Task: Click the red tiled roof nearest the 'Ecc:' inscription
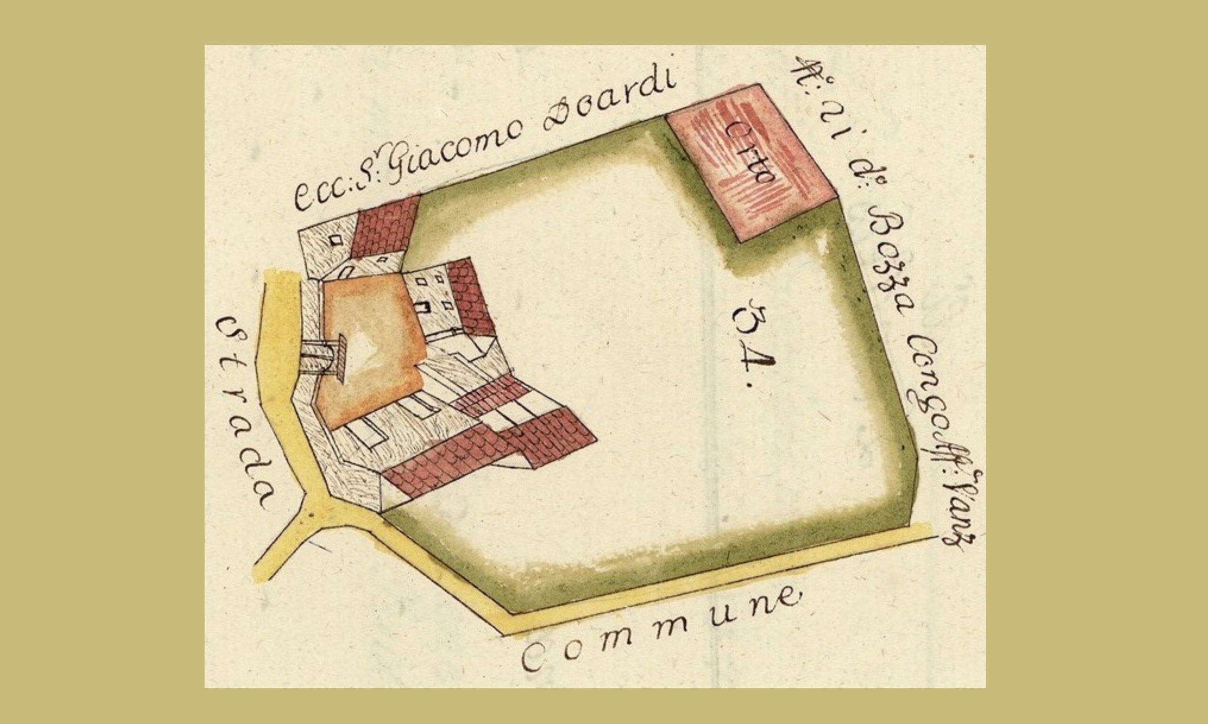386,227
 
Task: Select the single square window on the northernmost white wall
336,240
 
